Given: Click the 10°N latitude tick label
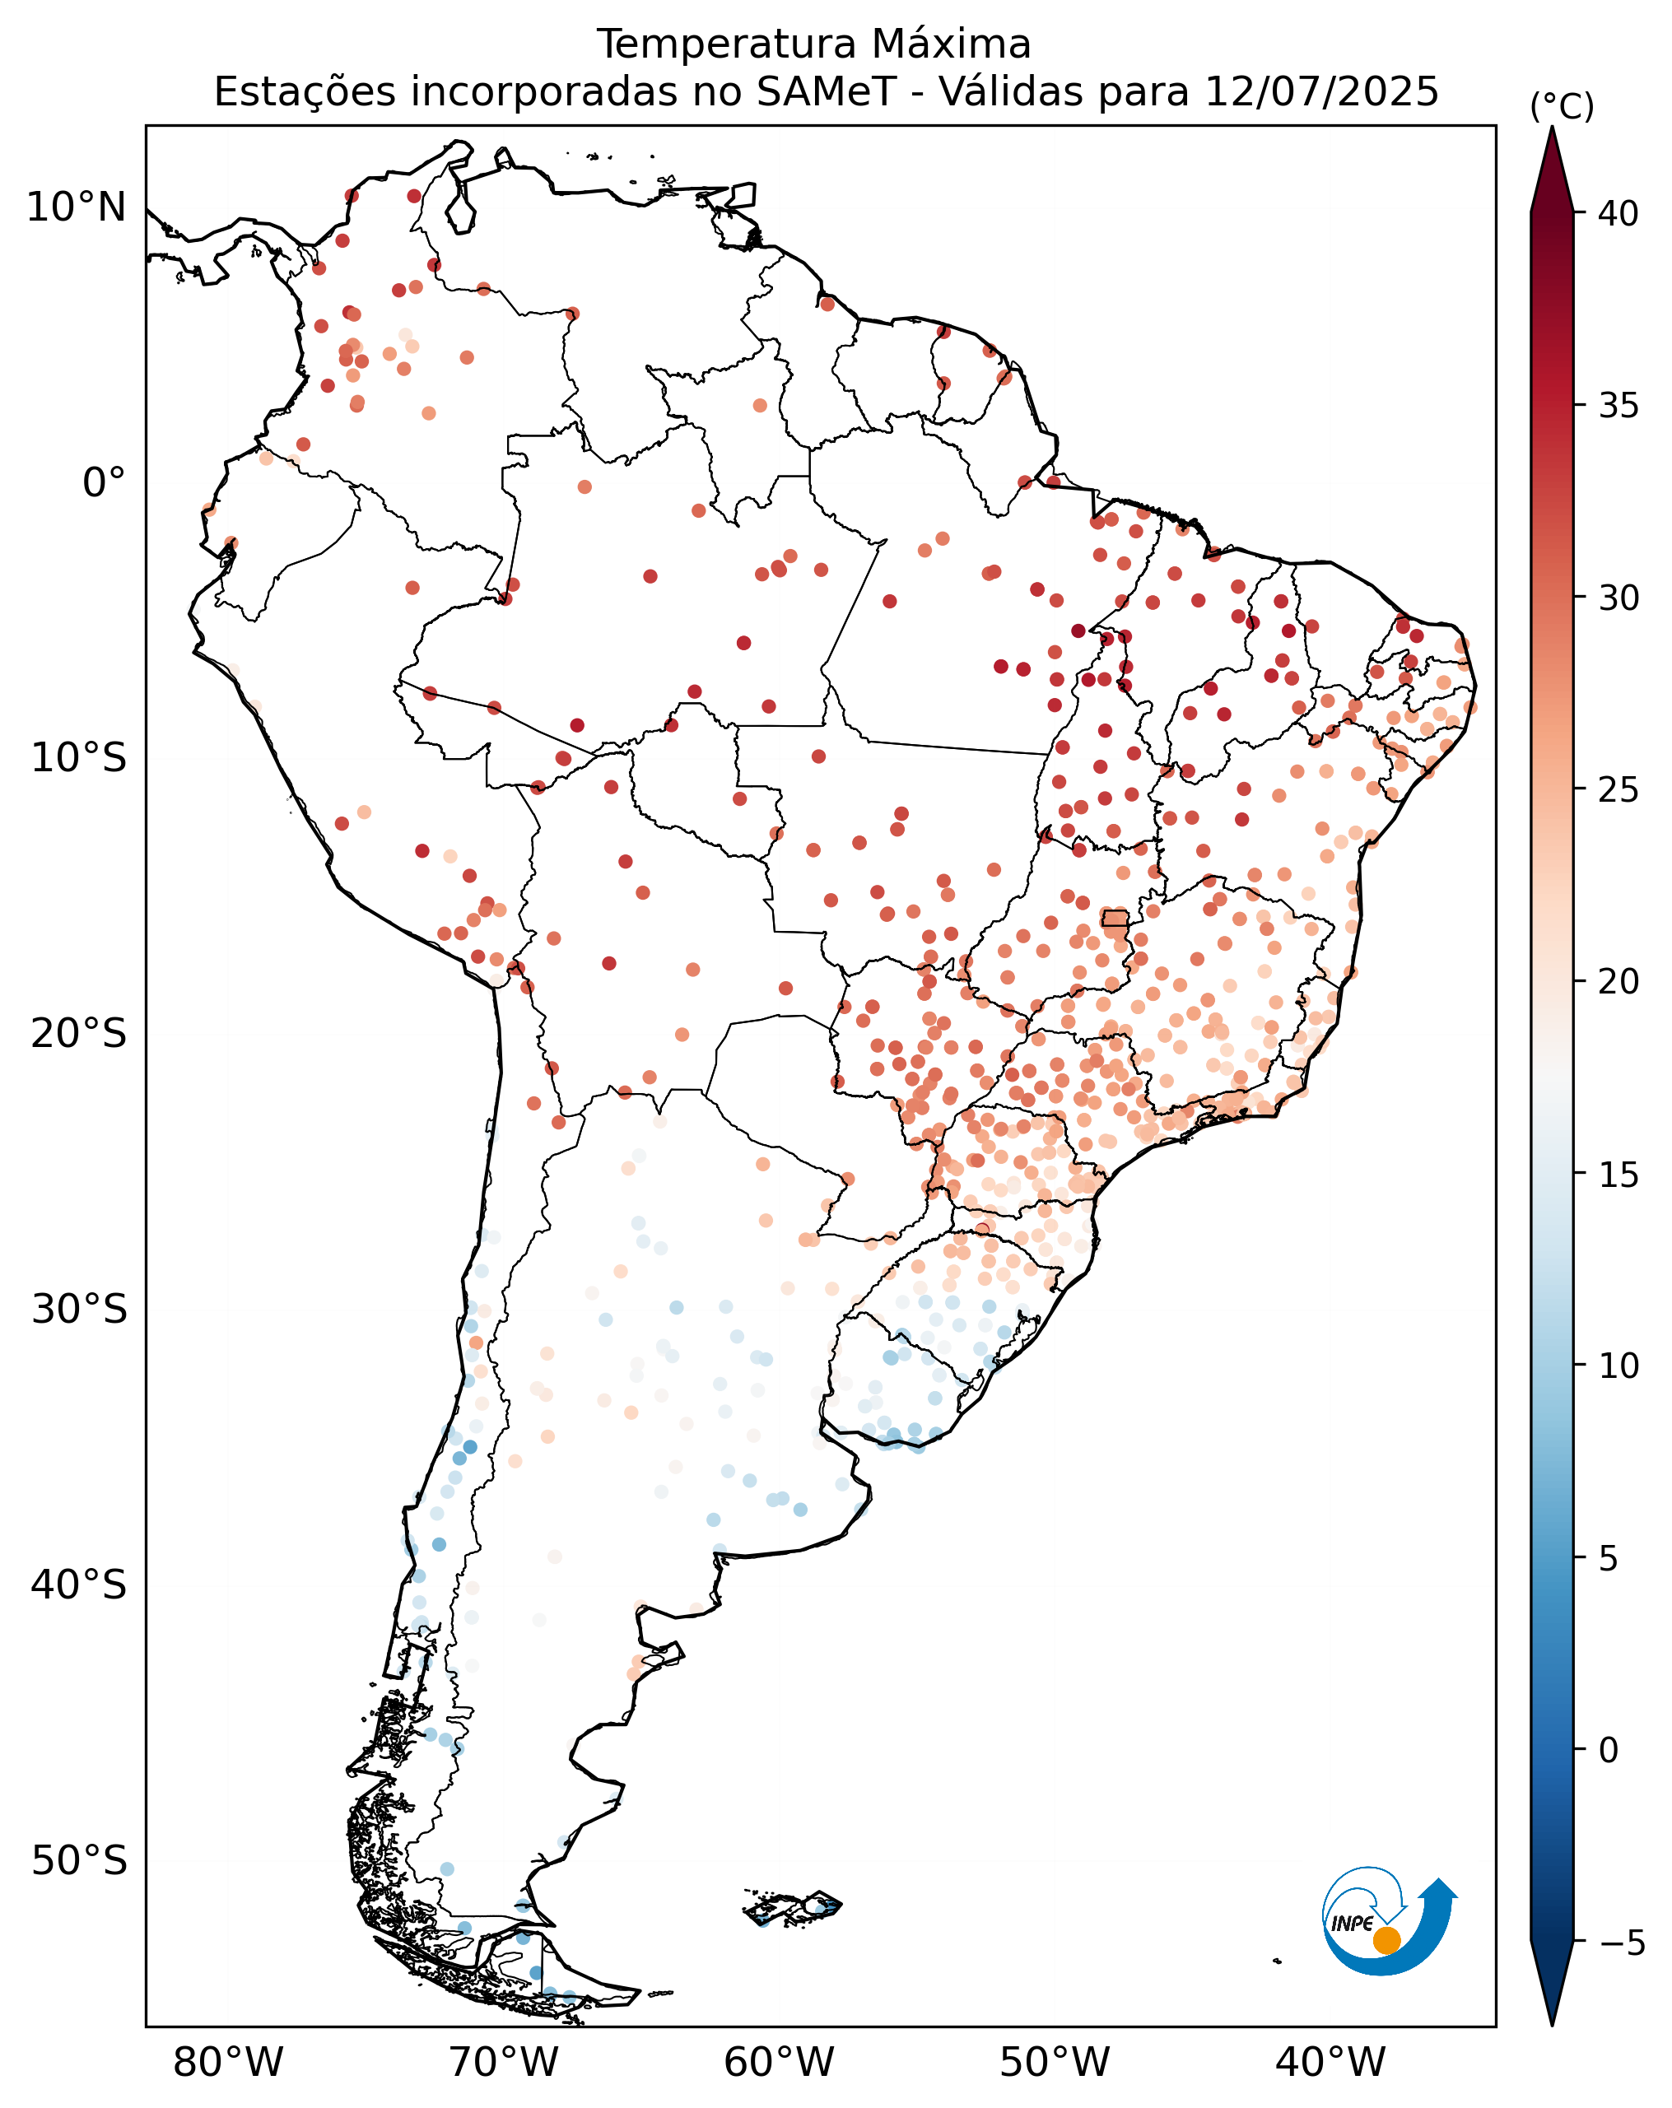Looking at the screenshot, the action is click(x=77, y=207).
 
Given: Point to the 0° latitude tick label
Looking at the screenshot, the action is click(x=104, y=482).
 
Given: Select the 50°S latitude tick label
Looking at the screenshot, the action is click(x=79, y=1860).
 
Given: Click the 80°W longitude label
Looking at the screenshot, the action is click(x=228, y=2062).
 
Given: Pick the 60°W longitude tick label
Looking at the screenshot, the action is click(x=780, y=2062).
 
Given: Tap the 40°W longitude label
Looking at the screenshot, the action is click(x=1330, y=2062).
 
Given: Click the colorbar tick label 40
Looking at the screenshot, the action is click(x=1618, y=213).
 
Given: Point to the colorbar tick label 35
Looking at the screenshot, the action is click(x=1618, y=405).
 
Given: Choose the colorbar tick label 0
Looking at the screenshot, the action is click(x=1609, y=1749).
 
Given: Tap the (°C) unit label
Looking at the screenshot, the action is click(x=1562, y=106).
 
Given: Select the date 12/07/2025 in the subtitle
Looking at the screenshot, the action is click(x=1322, y=92).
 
